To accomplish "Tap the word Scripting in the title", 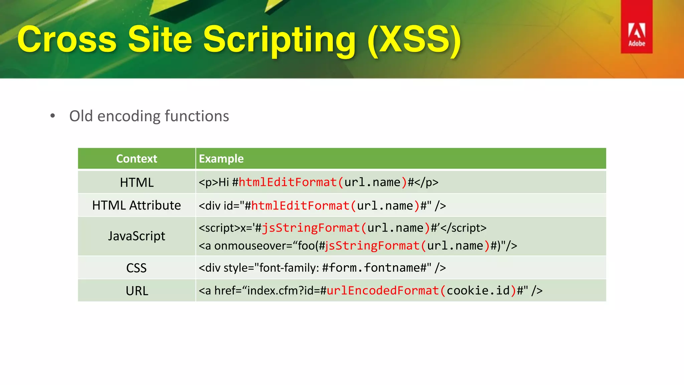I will [x=279, y=40].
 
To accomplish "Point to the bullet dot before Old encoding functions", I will [x=52, y=116].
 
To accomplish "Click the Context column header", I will [x=136, y=159].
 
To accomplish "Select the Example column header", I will [x=221, y=159].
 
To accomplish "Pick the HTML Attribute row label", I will [x=136, y=205].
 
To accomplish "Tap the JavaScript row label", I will [x=136, y=236].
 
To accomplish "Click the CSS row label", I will [x=136, y=268].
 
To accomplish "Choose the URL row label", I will [x=137, y=291].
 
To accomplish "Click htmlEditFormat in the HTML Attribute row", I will [x=300, y=206].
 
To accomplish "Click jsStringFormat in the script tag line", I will [x=311, y=228].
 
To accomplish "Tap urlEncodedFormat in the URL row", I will [x=383, y=291].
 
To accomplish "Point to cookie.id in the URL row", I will [x=478, y=291].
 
